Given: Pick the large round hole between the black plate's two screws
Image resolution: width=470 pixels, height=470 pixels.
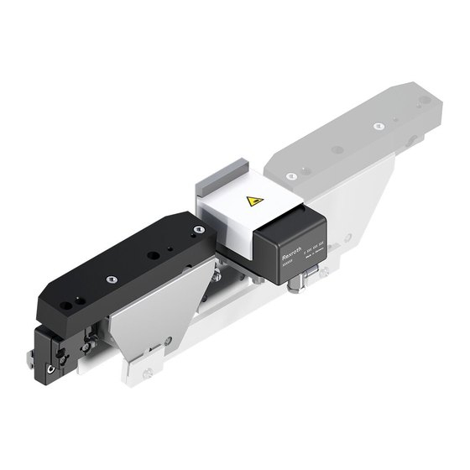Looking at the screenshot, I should (x=152, y=256).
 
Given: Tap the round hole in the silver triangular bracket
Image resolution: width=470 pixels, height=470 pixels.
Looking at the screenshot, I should (x=168, y=340).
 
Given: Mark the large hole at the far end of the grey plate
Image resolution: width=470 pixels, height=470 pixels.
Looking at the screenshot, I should (x=425, y=100).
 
